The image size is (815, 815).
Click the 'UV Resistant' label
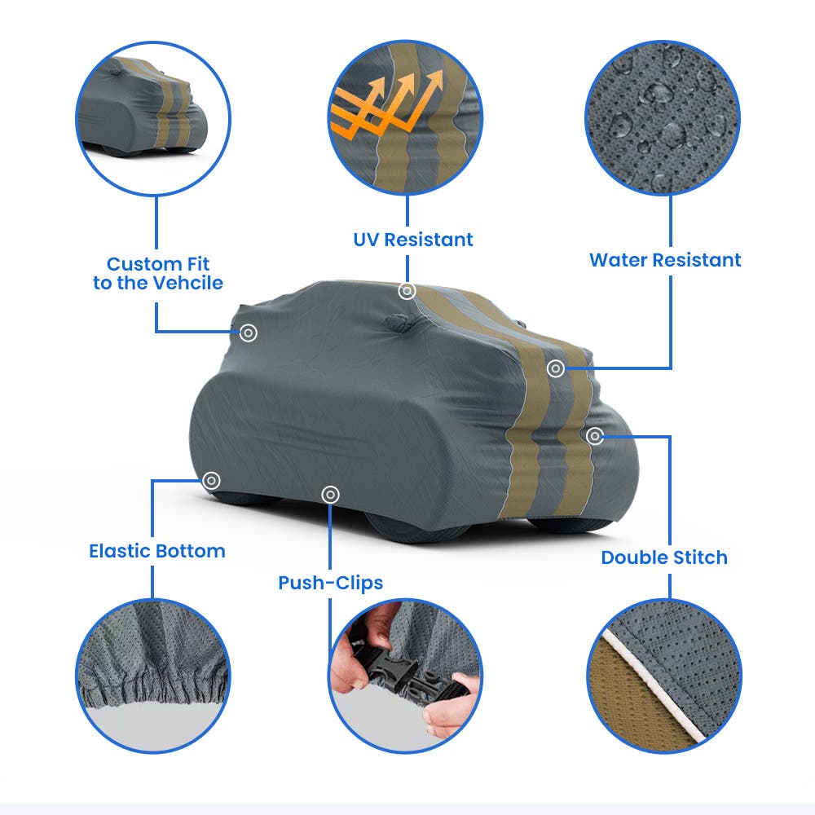413,240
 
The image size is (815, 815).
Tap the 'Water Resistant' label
665,260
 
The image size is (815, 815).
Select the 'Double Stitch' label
664,557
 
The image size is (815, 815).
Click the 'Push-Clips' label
331,584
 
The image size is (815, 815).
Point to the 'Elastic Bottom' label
157,551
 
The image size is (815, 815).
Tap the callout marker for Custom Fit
249,333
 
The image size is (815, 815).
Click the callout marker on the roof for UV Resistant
407,291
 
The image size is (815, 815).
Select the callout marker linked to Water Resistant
556,368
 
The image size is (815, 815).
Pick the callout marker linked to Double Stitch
595,436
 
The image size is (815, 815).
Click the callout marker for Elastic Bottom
211,480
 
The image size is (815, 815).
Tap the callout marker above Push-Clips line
331,495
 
